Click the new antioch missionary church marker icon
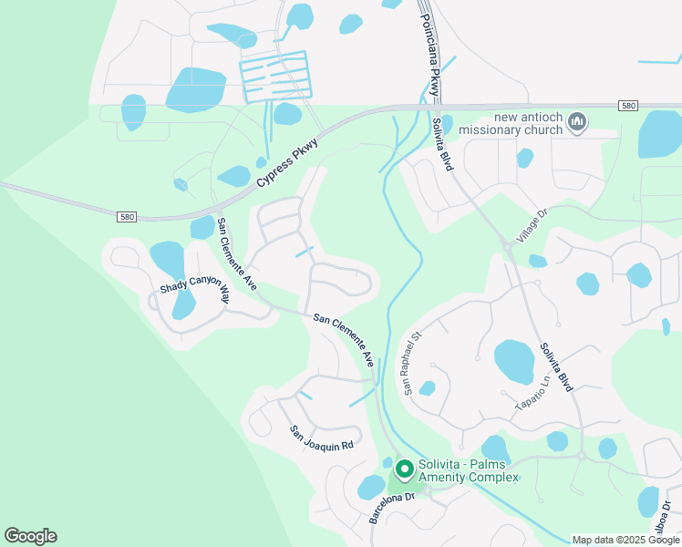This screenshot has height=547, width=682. [576, 121]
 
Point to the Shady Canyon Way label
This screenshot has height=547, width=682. [194, 289]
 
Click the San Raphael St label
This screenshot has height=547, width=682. [410, 362]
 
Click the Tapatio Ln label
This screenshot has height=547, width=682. [536, 392]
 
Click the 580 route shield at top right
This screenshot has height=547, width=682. [626, 106]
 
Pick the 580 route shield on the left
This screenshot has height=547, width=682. [127, 217]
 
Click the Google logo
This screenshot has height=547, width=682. [30, 536]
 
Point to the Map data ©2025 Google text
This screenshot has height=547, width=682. [625, 540]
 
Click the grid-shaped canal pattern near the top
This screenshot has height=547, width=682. [274, 76]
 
